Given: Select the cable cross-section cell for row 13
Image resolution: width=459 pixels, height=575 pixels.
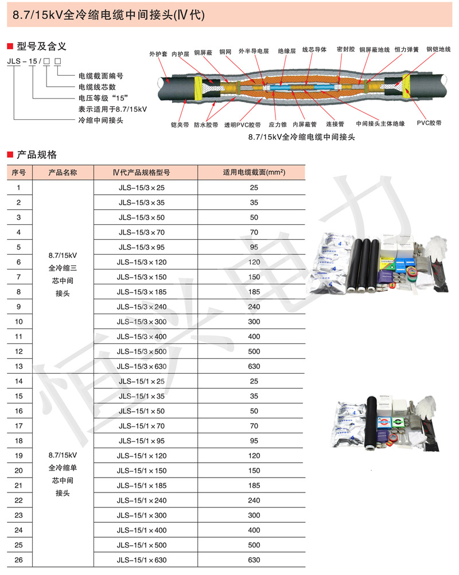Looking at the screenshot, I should (254, 366).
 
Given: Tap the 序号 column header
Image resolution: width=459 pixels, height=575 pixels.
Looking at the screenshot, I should (19, 173).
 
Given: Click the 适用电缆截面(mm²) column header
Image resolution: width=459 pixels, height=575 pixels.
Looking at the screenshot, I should (254, 173).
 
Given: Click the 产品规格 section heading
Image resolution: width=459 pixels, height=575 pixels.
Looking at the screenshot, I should (37, 154).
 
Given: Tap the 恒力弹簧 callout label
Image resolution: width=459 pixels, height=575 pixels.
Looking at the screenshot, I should (406, 50).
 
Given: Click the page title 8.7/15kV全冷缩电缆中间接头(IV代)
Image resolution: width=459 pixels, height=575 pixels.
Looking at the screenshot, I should (108, 17).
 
